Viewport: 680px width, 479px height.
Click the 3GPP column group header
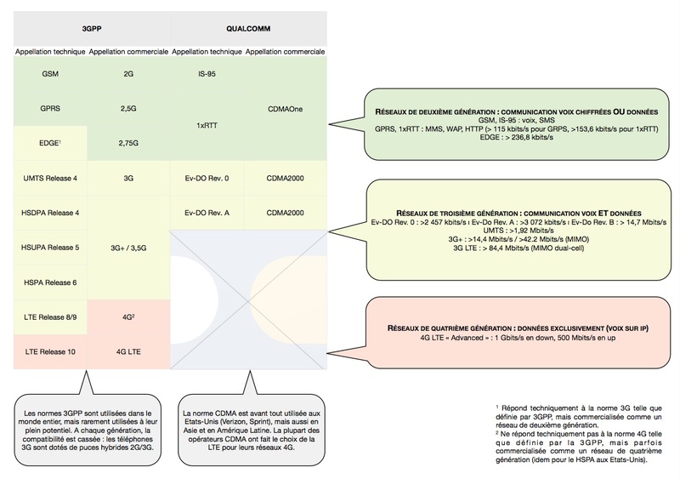[x=92, y=29]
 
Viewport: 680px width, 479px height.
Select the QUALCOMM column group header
[x=248, y=29]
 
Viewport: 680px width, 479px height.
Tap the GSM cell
[x=50, y=74]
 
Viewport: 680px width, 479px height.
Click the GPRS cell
[x=50, y=109]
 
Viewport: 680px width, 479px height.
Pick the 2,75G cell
[x=128, y=143]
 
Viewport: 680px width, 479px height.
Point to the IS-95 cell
[x=207, y=74]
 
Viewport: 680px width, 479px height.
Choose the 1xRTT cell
[x=207, y=126]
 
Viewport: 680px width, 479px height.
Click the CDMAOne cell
[x=285, y=109]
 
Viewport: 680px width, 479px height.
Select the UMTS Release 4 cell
[x=50, y=178]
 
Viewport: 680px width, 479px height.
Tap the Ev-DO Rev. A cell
[x=207, y=213]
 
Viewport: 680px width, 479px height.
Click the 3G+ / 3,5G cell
[x=128, y=248]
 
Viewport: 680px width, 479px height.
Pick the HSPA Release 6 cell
[x=50, y=282]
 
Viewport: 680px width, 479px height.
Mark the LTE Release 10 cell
[x=50, y=351]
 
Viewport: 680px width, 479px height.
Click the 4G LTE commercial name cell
[x=128, y=351]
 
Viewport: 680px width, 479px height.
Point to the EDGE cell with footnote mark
[x=50, y=143]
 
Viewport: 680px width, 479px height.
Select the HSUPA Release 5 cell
[x=50, y=248]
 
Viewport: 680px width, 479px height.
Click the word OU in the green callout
[x=619, y=111]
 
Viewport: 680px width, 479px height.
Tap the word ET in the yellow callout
[x=603, y=214]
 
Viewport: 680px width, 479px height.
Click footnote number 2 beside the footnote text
[x=497, y=432]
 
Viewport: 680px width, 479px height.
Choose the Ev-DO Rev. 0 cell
[x=207, y=178]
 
